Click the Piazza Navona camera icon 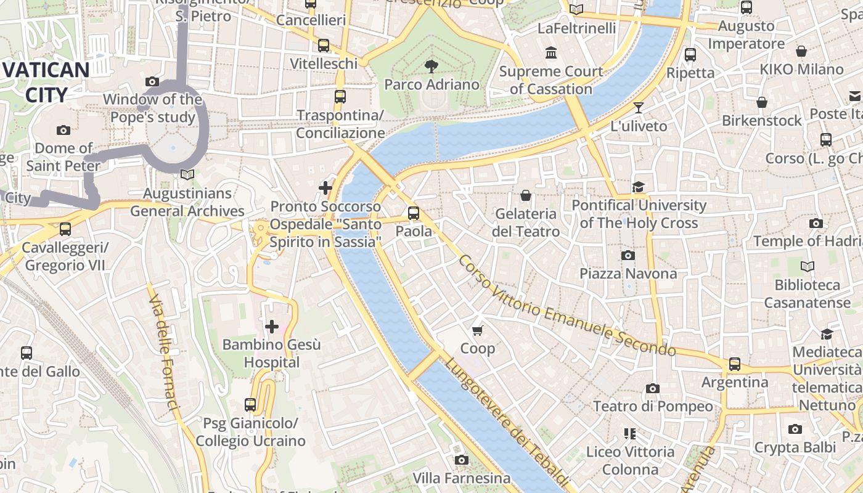tap(628, 255)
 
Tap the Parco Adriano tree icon tap(431, 65)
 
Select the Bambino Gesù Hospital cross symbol tap(271, 326)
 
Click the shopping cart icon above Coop tap(477, 331)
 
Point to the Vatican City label tap(47, 82)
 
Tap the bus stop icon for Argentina tap(734, 364)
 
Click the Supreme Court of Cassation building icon tap(551, 53)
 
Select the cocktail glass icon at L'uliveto tap(639, 108)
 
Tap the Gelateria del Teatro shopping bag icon tap(526, 195)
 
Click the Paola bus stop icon tap(413, 213)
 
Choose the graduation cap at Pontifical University tap(638, 187)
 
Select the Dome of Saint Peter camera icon tap(63, 130)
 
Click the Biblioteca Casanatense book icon tap(807, 266)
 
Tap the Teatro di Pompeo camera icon tap(652, 388)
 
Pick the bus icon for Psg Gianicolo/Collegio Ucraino tap(250, 405)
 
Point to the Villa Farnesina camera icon tap(461, 460)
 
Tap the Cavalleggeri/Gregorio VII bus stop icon tap(65, 229)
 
